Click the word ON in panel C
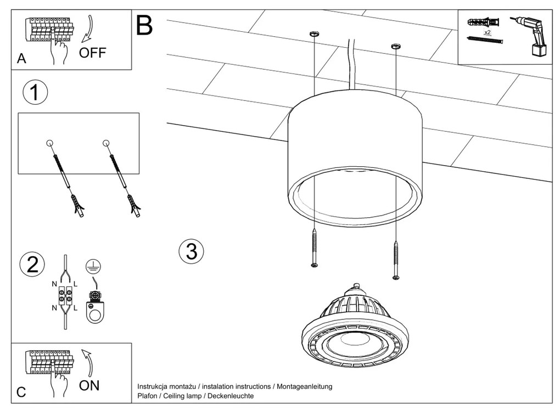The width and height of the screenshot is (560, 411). point(89,385)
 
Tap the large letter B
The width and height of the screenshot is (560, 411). point(144,26)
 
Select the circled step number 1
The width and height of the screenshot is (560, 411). point(35,93)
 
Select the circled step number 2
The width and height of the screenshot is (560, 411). point(32,264)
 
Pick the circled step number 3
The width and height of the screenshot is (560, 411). point(191,251)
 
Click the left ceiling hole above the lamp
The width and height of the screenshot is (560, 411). point(313,35)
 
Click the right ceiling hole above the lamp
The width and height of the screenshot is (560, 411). point(395,47)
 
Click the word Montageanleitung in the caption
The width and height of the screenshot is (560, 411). point(304,386)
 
